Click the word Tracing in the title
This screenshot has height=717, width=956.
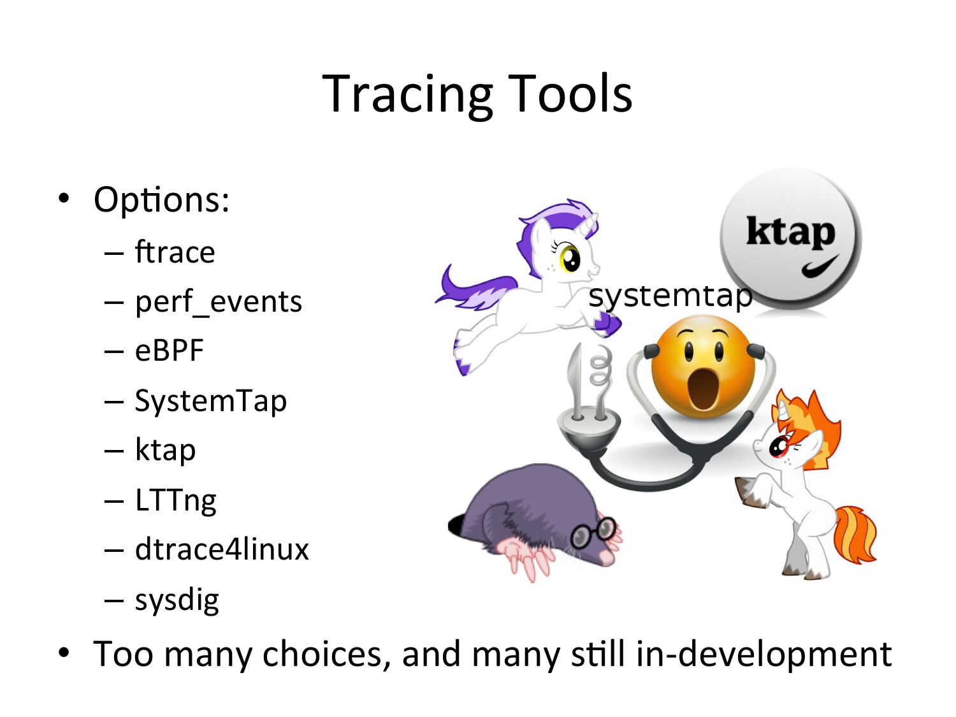[x=407, y=96]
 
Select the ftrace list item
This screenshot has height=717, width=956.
[x=175, y=252]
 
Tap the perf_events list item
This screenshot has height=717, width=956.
[x=218, y=301]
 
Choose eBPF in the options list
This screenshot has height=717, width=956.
[x=169, y=351]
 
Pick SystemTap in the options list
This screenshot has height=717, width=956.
[x=211, y=400]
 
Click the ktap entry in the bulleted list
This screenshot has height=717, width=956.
[x=165, y=450]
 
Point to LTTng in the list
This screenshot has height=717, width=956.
[x=175, y=500]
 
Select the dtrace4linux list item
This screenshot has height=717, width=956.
[x=222, y=549]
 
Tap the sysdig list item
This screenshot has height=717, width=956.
[x=177, y=600]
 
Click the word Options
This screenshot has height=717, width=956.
[x=161, y=200]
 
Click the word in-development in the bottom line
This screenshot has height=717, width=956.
[x=764, y=655]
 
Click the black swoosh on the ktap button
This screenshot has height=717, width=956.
[x=820, y=266]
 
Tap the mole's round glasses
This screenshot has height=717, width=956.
[x=593, y=532]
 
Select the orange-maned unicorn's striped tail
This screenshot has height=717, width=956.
[x=855, y=535]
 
